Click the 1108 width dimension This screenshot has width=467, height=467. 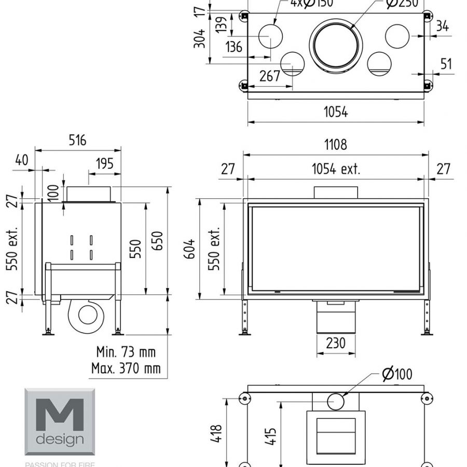[336, 144]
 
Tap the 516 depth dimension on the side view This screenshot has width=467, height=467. [77, 140]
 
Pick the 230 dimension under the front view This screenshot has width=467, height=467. [336, 344]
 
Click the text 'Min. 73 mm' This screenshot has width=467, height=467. [126, 352]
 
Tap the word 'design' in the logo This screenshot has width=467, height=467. [59, 439]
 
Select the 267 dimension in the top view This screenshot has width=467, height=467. [269, 76]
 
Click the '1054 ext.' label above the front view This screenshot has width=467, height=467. [336, 169]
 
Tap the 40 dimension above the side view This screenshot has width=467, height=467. [21, 160]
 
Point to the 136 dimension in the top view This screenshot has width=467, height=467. [234, 47]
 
